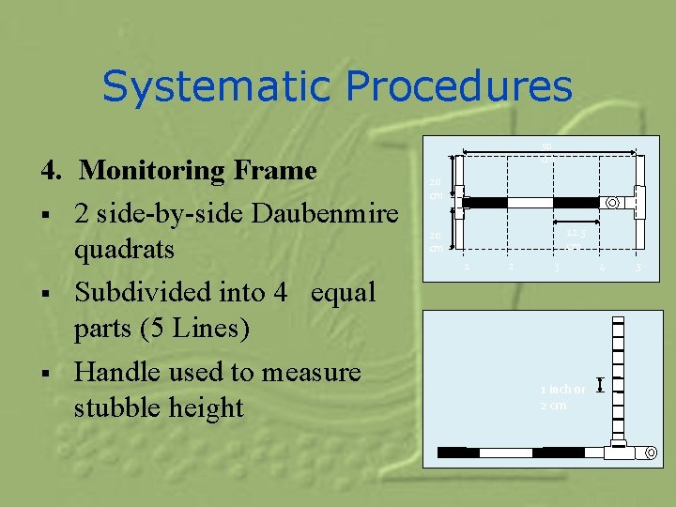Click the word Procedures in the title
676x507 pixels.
tap(459, 87)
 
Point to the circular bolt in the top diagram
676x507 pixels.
tap(612, 203)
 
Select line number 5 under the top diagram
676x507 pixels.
tap(639, 269)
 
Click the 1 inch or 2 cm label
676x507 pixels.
tap(561, 397)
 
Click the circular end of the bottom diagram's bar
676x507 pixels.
tap(650, 453)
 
